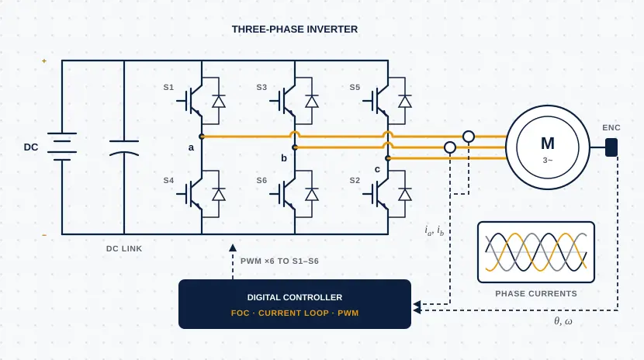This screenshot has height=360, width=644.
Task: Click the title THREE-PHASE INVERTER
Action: [x=295, y=29]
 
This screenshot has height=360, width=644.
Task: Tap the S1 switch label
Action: [x=168, y=87]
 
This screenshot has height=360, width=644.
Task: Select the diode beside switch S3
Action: [x=312, y=102]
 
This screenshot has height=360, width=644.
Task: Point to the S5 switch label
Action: [x=355, y=87]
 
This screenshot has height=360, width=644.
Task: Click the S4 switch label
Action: [x=168, y=180]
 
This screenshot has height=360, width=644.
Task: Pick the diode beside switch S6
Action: [x=312, y=195]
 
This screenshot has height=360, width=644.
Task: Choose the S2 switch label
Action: [x=355, y=180]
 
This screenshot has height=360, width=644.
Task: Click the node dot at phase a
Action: [x=202, y=137]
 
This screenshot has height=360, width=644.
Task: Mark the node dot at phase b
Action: [x=295, y=147]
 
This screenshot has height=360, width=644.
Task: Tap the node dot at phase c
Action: [x=388, y=158]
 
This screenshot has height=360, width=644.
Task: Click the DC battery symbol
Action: [x=62, y=147]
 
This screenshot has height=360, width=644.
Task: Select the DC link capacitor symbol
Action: [x=124, y=147]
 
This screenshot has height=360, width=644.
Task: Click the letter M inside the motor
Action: [x=548, y=144]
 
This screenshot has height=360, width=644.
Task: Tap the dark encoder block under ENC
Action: [x=611, y=147]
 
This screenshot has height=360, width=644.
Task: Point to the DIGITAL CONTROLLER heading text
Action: [x=295, y=297]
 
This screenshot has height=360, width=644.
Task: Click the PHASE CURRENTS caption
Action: [x=536, y=293]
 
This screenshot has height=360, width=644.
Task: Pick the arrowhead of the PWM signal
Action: [x=233, y=247]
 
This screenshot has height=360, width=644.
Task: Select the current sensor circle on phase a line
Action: [x=469, y=137]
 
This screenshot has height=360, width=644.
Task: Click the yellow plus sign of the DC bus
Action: [x=44, y=61]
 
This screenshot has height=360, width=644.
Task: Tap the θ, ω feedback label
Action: [x=563, y=321]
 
